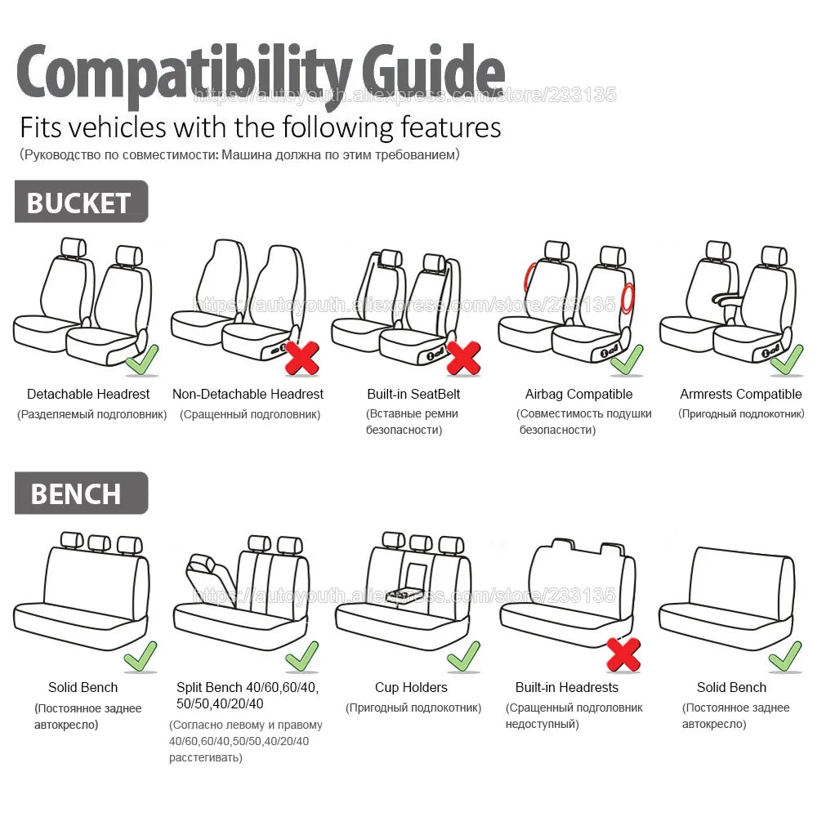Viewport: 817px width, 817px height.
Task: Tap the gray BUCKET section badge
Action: point(80,202)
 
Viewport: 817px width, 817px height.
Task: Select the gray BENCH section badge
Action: point(80,493)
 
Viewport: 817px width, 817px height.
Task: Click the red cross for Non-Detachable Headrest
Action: point(301,358)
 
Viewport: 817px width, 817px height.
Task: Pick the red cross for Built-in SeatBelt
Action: point(463,358)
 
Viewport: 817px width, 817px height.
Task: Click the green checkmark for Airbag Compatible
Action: point(627,359)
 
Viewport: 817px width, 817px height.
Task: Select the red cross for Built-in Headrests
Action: point(623,654)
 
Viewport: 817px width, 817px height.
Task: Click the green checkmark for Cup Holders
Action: point(463,655)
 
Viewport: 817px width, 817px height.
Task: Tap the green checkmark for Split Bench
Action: point(301,655)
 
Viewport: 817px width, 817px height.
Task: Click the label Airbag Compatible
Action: point(578,394)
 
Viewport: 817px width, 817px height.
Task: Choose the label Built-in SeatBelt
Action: point(413,394)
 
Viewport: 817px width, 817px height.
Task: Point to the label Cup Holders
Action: point(411,687)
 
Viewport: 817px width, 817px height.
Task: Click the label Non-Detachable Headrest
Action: point(248,394)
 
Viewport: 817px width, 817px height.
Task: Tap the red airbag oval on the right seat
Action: point(627,298)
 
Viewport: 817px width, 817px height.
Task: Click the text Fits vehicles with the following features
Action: point(260,127)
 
